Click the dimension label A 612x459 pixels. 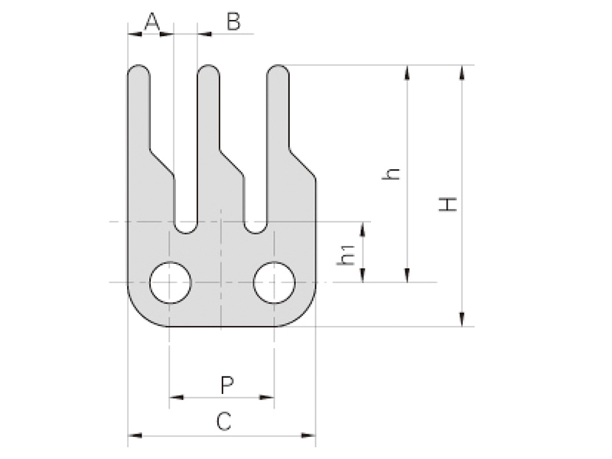click(152, 22)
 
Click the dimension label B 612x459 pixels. click(233, 22)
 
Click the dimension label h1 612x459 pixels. click(349, 255)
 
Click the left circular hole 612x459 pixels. click(171, 283)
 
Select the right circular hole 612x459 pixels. click(274, 283)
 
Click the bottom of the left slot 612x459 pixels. click(186, 229)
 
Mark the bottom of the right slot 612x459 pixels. click(256, 229)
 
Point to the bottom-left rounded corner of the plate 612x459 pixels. click(138, 314)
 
